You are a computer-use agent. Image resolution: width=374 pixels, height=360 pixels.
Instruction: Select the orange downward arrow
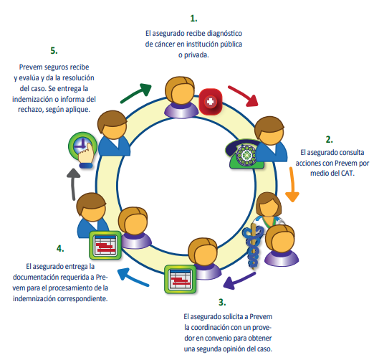click(x=292, y=184)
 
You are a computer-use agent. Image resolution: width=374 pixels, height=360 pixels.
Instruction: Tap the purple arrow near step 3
click(x=239, y=281)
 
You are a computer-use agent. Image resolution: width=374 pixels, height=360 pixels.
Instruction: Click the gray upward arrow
click(x=73, y=184)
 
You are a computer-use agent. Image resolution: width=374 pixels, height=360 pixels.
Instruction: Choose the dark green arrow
click(x=136, y=93)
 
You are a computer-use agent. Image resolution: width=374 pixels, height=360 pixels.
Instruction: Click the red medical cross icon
click(x=211, y=102)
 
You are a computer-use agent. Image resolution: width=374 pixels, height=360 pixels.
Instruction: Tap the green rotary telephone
click(x=244, y=154)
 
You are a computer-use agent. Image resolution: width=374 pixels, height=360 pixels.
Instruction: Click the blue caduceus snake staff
click(x=253, y=246)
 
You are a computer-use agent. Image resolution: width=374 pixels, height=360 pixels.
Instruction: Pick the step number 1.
click(x=193, y=19)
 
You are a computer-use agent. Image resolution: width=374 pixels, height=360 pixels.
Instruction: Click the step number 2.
click(x=330, y=139)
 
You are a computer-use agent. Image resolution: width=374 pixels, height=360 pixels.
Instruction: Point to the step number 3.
click(x=222, y=303)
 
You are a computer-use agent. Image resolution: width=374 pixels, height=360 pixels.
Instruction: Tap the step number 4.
click(x=60, y=249)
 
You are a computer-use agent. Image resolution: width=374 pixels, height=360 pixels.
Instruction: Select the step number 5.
click(x=54, y=51)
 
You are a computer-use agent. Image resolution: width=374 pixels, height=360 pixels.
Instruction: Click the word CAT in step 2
click(x=347, y=173)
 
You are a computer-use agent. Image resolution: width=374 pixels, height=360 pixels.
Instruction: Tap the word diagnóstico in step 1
click(x=224, y=34)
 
